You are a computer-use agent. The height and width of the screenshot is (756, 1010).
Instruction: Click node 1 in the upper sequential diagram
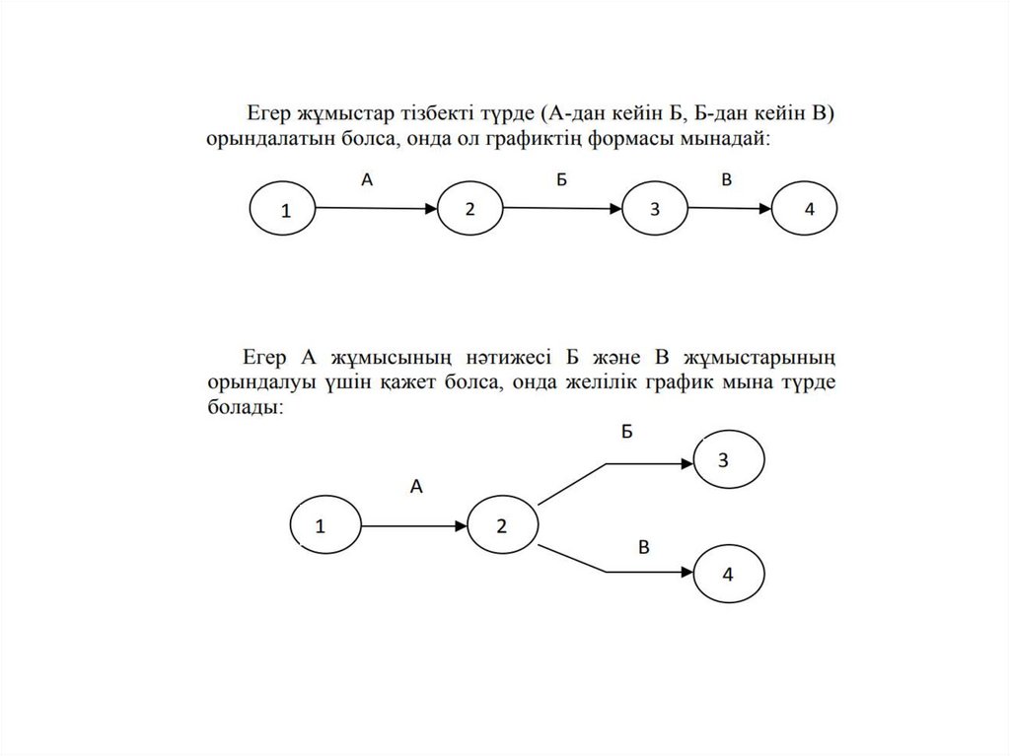pyautogui.click(x=283, y=210)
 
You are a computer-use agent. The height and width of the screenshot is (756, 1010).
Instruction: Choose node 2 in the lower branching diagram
pyautogui.click(x=502, y=524)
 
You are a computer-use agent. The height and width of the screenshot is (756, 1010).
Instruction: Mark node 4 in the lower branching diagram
pyautogui.click(x=730, y=575)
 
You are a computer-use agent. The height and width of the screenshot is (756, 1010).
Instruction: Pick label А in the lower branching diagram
pyautogui.click(x=416, y=485)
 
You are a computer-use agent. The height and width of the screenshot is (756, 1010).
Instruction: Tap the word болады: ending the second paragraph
pyautogui.click(x=246, y=406)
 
